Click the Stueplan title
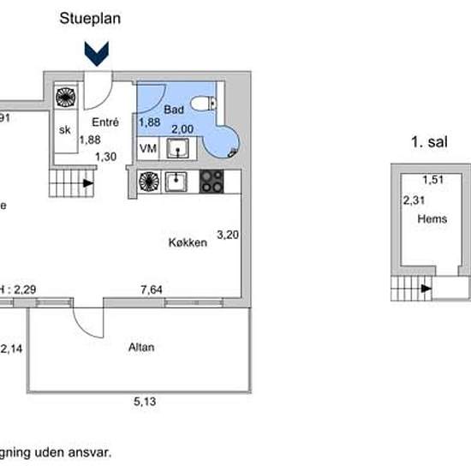(90, 17)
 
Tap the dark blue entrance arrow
(100, 55)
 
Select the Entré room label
(104, 122)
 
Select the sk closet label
(64, 130)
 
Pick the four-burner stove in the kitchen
(212, 182)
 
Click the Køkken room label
(188, 243)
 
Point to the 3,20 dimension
(227, 233)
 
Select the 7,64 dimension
(152, 290)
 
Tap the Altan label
(141, 348)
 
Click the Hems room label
(432, 219)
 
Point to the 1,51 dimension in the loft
(432, 180)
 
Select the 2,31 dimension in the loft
(414, 200)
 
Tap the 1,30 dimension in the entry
(105, 156)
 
